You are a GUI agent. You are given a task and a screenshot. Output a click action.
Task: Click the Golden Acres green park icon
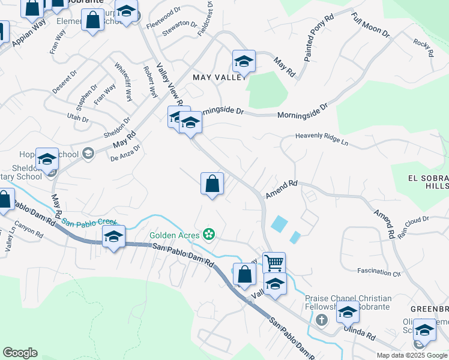click(209, 233)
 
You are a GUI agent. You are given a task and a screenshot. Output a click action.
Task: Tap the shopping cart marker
click(274, 262)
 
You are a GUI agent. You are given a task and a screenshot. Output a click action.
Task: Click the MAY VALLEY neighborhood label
click(220, 77)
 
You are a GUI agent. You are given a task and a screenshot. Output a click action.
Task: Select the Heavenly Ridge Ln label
click(322, 137)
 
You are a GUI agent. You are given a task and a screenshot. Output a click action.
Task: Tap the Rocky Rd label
click(423, 48)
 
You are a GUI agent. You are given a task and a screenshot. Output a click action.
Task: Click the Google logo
click(20, 353)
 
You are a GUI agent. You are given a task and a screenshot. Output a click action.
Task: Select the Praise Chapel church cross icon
click(322, 319)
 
